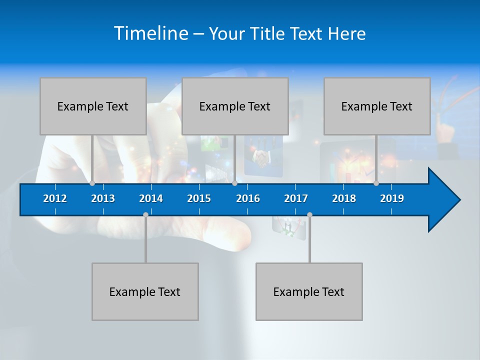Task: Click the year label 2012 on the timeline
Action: click(55, 198)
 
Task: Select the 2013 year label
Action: click(103, 198)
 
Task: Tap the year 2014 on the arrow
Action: click(151, 198)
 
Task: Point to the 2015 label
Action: click(199, 198)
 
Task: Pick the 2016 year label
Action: click(248, 198)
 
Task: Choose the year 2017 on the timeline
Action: click(296, 198)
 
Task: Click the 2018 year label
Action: click(344, 198)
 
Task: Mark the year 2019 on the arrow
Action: click(392, 198)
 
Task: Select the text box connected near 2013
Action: click(93, 106)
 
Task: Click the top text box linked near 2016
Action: click(235, 106)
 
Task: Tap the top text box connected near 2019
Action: click(377, 106)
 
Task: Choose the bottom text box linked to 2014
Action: click(145, 291)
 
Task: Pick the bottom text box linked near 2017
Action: click(309, 291)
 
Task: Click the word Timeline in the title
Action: click(151, 33)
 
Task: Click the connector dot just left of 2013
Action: click(92, 183)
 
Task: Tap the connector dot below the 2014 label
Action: click(145, 214)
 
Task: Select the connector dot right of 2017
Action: click(309, 214)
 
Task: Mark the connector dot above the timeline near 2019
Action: click(376, 183)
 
